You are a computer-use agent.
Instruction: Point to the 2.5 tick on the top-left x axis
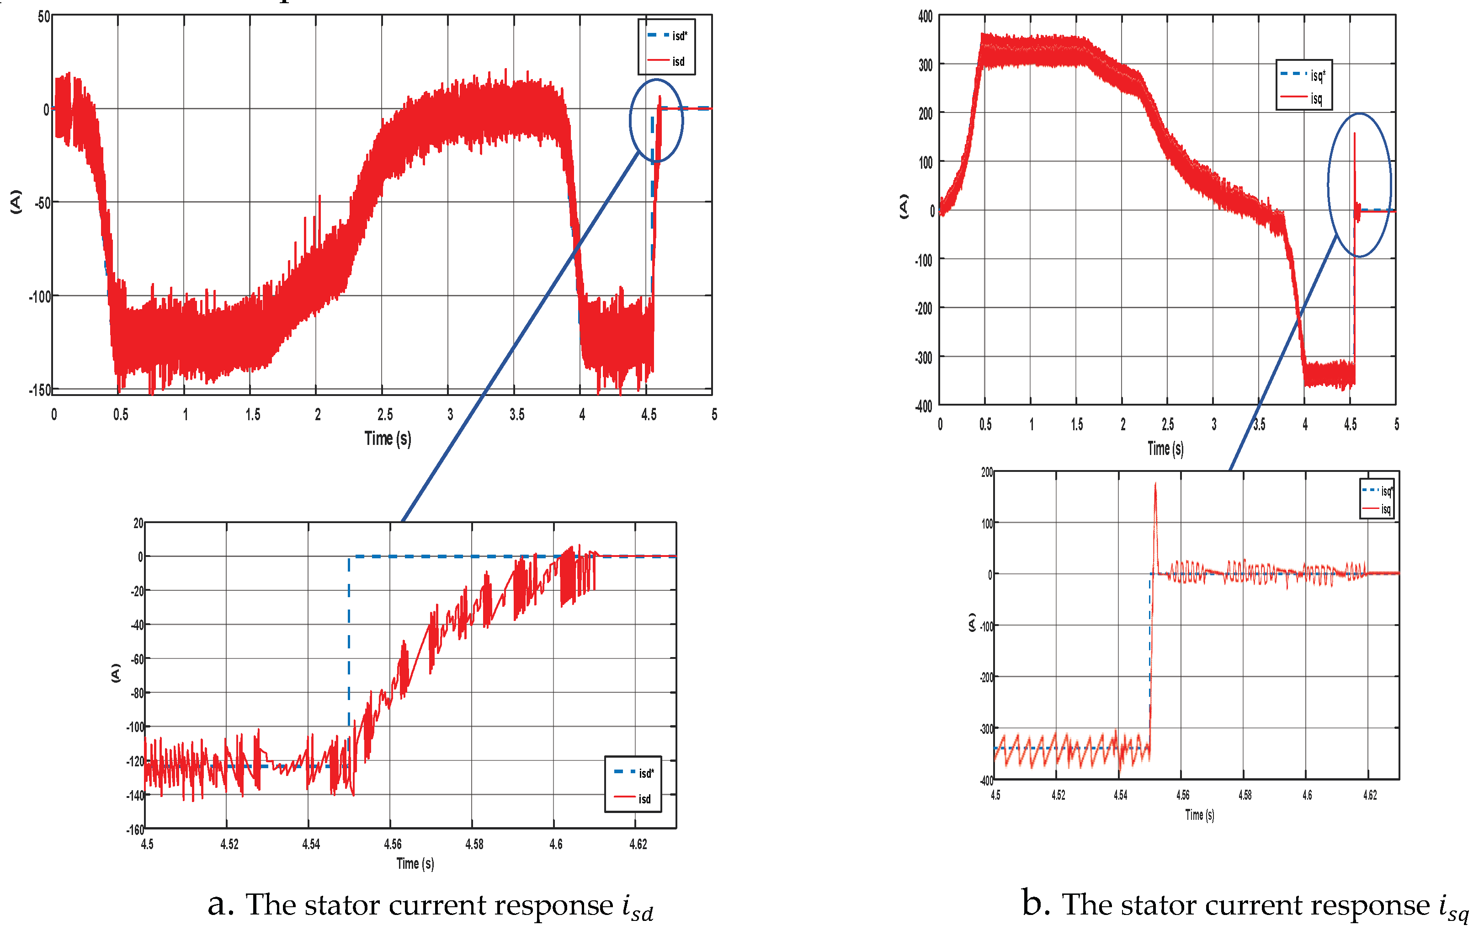click(x=384, y=414)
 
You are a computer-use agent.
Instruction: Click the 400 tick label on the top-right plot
click(x=925, y=16)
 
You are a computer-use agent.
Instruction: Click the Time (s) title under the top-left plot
click(x=388, y=439)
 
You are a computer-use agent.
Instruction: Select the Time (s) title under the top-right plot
click(x=1165, y=448)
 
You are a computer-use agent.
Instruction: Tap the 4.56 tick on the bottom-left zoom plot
click(x=393, y=844)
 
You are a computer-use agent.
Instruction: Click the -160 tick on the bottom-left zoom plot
click(x=135, y=830)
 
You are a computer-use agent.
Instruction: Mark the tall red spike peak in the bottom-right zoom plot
click(x=1155, y=485)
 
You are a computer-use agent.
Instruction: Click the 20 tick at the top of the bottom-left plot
click(x=138, y=524)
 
